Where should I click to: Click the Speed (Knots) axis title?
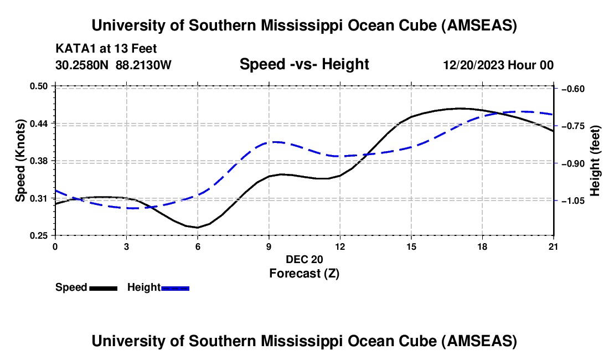tap(20, 160)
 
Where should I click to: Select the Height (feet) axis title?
tap(595, 161)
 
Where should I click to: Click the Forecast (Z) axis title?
tap(304, 273)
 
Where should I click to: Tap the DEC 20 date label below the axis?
tap(304, 259)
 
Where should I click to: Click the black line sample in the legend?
tap(103, 288)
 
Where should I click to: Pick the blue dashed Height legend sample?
tap(175, 288)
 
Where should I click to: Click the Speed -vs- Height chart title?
tap(304, 64)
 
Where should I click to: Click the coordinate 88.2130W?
tap(144, 65)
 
